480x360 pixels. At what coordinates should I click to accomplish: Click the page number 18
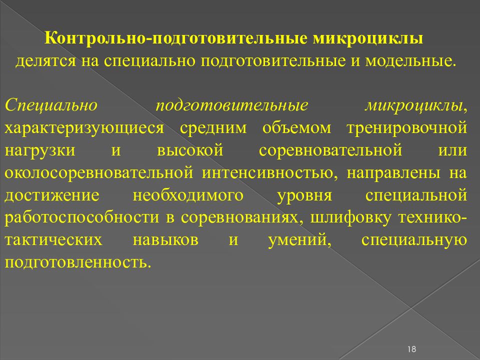[412, 348]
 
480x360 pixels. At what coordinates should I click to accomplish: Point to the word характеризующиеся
[84, 127]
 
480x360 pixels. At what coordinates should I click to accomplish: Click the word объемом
[296, 127]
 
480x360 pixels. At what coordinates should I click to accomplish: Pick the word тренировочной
[406, 127]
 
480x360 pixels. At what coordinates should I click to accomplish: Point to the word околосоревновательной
[99, 171]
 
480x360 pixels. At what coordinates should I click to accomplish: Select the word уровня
[305, 194]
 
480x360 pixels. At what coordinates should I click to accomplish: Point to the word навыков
[165, 239]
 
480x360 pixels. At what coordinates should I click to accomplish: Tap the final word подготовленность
[77, 261]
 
